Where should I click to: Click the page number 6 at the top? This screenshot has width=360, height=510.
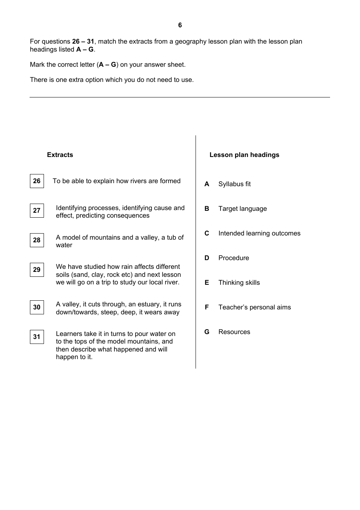pyautogui.click(x=180, y=25)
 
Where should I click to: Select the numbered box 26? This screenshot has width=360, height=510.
pyautogui.click(x=37, y=181)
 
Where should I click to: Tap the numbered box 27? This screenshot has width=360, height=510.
pyautogui.click(x=37, y=210)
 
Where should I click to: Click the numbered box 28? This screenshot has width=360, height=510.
pyautogui.click(x=37, y=240)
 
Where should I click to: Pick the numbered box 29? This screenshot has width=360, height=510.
pyautogui.click(x=37, y=270)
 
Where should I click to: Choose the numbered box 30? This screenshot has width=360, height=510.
pyautogui.click(x=37, y=307)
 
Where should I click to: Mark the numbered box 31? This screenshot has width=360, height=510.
pyautogui.click(x=37, y=337)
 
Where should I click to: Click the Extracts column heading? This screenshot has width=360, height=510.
pyautogui.click(x=60, y=155)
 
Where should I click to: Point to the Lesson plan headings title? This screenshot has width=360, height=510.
pyautogui.click(x=244, y=155)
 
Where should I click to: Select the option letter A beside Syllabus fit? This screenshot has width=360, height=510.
pyautogui.click(x=207, y=184)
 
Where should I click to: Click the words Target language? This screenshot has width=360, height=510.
pyautogui.click(x=243, y=209)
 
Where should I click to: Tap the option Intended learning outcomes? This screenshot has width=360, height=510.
pyautogui.click(x=259, y=233)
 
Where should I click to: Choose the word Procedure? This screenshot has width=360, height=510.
pyautogui.click(x=233, y=258)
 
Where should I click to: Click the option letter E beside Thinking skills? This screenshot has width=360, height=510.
pyautogui.click(x=207, y=282)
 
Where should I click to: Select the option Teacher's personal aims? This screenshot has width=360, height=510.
pyautogui.click(x=254, y=307)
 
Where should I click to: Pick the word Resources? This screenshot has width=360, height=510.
pyautogui.click(x=234, y=332)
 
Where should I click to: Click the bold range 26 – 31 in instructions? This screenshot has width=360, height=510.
pyautogui.click(x=83, y=41)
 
